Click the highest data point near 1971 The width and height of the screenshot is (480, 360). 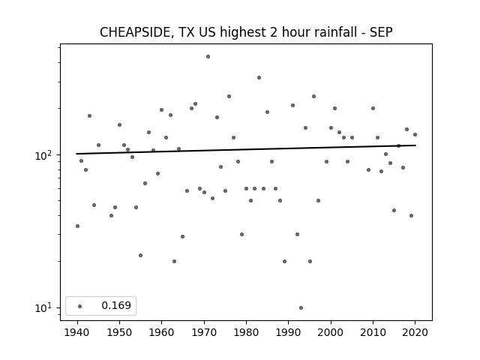[x=208, y=57]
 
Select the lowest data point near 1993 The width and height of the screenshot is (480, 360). [x=301, y=308]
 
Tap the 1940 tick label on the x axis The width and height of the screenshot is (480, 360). [x=77, y=332]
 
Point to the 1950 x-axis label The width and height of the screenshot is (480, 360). [x=120, y=332]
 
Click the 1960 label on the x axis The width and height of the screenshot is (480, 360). [x=162, y=332]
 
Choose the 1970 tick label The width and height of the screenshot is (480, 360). [x=204, y=332]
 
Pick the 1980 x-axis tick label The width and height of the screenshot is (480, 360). [x=247, y=332]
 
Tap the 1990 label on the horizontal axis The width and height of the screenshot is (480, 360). [x=288, y=332]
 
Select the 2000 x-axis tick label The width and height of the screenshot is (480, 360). [x=331, y=332]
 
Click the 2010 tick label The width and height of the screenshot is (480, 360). [x=373, y=332]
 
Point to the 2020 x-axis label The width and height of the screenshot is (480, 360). [x=415, y=332]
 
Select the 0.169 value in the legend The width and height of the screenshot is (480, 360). [x=116, y=305]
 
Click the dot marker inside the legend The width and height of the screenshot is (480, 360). [x=80, y=306]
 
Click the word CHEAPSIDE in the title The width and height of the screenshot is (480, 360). [x=135, y=32]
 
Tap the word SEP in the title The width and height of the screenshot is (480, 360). [x=381, y=32]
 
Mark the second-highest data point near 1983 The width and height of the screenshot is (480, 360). [x=259, y=78]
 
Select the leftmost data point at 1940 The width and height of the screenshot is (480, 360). [x=77, y=226]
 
